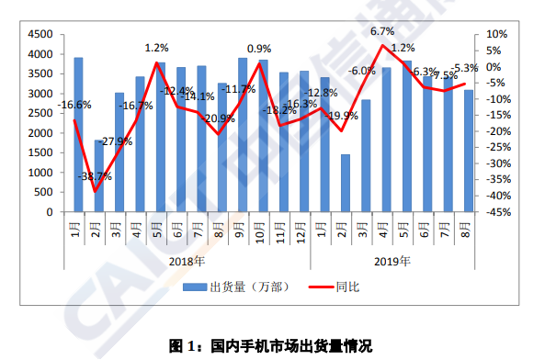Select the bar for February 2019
click(x=346, y=183)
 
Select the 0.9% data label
click(x=259, y=49)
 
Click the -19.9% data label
click(x=342, y=116)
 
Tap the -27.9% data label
click(x=117, y=141)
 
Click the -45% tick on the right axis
click(x=497, y=212)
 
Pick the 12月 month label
click(x=302, y=225)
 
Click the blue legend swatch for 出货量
click(x=194, y=287)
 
